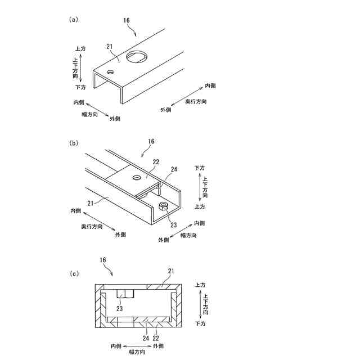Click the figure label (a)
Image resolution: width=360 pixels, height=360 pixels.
click(x=73, y=19)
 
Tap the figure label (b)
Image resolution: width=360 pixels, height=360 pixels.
click(x=73, y=143)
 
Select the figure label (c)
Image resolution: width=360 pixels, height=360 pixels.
click(x=73, y=274)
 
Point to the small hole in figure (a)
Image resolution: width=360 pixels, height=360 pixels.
click(x=111, y=71)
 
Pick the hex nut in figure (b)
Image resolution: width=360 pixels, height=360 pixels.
click(x=163, y=206)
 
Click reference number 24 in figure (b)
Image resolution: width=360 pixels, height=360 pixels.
click(x=174, y=169)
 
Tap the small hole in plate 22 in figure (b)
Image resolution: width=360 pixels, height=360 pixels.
click(x=136, y=178)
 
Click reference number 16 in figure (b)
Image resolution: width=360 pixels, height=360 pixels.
click(x=150, y=142)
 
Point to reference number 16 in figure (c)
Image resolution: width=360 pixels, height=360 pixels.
click(x=102, y=260)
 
